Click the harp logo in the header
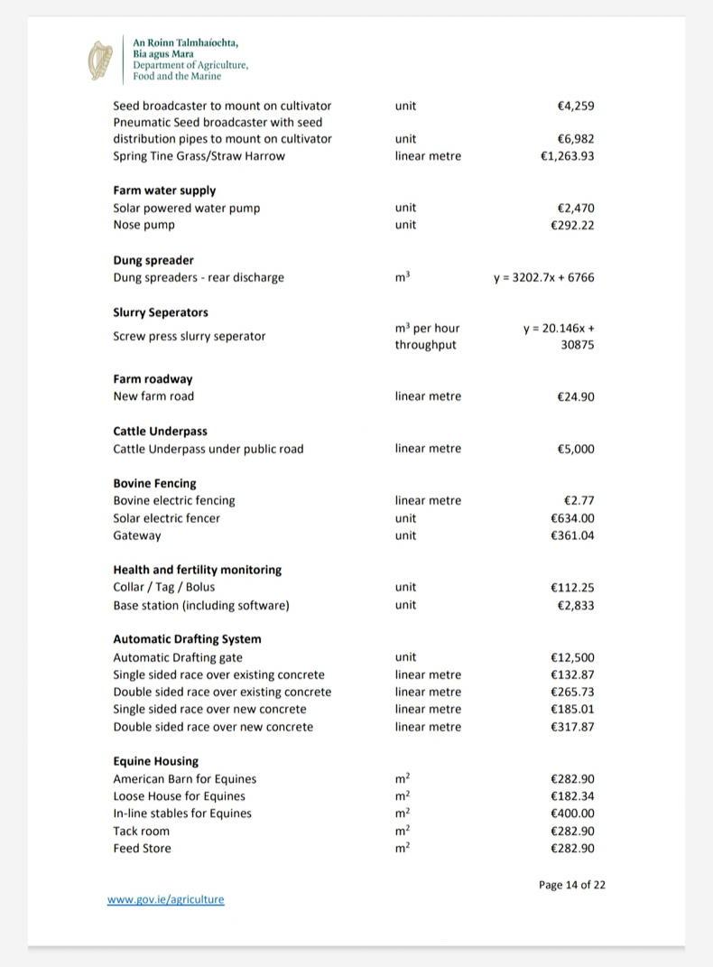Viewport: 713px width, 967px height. pos(99,60)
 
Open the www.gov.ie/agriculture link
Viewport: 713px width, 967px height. pos(165,899)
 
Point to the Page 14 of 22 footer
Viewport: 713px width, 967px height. pos(571,885)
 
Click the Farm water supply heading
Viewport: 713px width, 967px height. pos(164,191)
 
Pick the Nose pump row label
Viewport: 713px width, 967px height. pos(144,225)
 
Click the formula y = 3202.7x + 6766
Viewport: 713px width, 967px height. pos(543,277)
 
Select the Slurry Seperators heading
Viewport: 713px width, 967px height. pos(161,312)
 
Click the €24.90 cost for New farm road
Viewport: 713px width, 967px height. pos(576,396)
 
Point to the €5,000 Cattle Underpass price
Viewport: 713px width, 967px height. pos(576,449)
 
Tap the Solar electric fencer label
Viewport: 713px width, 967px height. pos(166,518)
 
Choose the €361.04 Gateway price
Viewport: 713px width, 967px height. pos(572,535)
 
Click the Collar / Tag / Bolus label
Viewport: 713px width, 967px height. pos(163,587)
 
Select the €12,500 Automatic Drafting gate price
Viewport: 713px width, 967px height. pos(572,657)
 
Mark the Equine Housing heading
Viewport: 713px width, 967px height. pos(155,761)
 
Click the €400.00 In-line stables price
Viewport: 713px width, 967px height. pos(572,814)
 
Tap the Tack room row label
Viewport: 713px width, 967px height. pos(141,831)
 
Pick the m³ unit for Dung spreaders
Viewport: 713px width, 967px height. pos(403,277)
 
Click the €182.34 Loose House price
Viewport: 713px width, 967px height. pos(572,796)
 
